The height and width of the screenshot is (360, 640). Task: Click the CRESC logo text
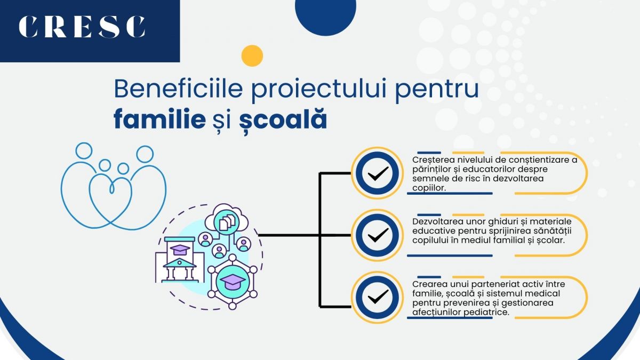click(82, 27)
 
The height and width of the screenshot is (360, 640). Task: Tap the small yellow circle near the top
click(252, 55)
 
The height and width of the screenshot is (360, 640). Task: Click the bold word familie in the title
click(159, 120)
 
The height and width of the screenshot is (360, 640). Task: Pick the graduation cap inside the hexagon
click(233, 281)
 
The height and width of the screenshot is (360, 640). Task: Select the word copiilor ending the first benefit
click(429, 188)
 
